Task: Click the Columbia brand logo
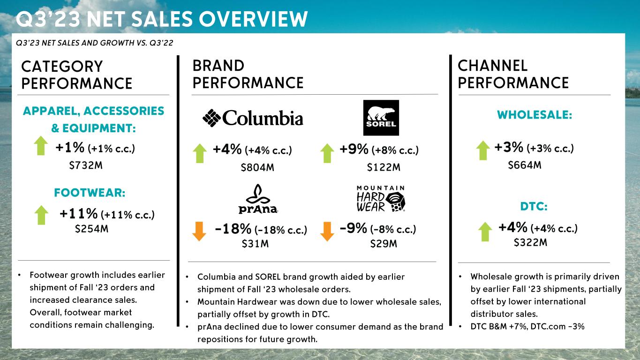click(253, 118)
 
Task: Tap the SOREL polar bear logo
click(381, 118)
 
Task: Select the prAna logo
click(257, 199)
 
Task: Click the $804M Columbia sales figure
click(257, 168)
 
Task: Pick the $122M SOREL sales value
click(384, 168)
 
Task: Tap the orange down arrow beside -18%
click(199, 231)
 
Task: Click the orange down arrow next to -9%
click(327, 231)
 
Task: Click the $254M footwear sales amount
click(92, 229)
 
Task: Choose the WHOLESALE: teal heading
click(535, 115)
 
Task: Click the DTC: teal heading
click(534, 207)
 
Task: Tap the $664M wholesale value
click(525, 165)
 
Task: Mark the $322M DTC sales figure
click(531, 243)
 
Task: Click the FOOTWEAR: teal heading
click(90, 193)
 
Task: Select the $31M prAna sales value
click(255, 244)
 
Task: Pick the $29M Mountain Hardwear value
click(384, 244)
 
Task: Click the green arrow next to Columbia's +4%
click(200, 153)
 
